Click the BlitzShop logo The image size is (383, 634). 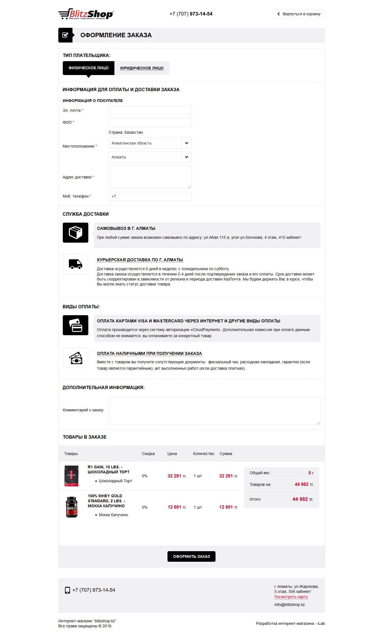[86, 14]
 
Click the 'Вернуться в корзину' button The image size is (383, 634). [299, 14]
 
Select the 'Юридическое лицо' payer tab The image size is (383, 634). [142, 68]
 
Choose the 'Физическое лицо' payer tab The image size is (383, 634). [88, 68]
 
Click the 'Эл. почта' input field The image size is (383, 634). [150, 110]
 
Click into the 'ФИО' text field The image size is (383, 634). [150, 122]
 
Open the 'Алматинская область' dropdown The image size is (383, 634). [150, 143]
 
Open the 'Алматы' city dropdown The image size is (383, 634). [150, 157]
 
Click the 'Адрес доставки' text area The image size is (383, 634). [150, 177]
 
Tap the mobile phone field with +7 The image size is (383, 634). [150, 196]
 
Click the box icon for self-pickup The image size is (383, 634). [76, 233]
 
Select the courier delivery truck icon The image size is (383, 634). [76, 264]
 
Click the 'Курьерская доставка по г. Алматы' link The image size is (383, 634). [140, 260]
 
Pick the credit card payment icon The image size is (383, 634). [76, 325]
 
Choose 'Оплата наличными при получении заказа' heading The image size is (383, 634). [149, 354]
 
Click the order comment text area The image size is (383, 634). [214, 411]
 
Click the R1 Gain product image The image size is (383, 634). [72, 476]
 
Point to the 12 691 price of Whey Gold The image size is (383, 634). [174, 507]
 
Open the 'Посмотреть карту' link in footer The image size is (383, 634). [291, 597]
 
